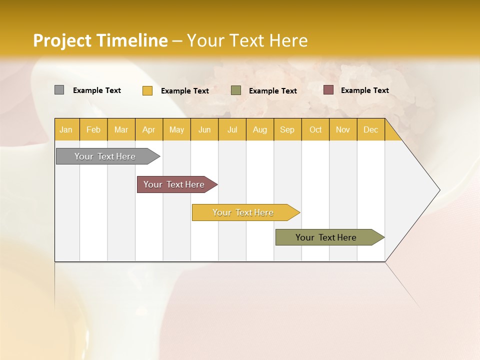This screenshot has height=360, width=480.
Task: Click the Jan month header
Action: tap(66, 129)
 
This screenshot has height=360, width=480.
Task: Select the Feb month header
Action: tap(93, 129)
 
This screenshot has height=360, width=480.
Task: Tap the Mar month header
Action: tap(121, 129)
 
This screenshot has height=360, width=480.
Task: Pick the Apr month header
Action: tap(149, 129)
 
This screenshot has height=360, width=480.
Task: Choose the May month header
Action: tap(176, 129)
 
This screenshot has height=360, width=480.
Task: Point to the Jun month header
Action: tap(204, 129)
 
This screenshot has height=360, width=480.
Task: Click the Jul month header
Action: tap(232, 129)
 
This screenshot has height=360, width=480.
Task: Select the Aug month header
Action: tap(260, 129)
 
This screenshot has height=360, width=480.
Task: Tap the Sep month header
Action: tap(287, 129)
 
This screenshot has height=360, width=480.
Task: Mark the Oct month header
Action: tap(315, 129)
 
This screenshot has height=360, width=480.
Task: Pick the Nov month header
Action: tap(343, 129)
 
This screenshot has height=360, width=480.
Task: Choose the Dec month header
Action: tap(371, 129)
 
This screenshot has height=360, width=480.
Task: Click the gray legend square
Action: tap(59, 90)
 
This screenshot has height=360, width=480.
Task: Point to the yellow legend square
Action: tap(147, 90)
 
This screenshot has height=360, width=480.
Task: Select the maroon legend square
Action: tap(328, 90)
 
